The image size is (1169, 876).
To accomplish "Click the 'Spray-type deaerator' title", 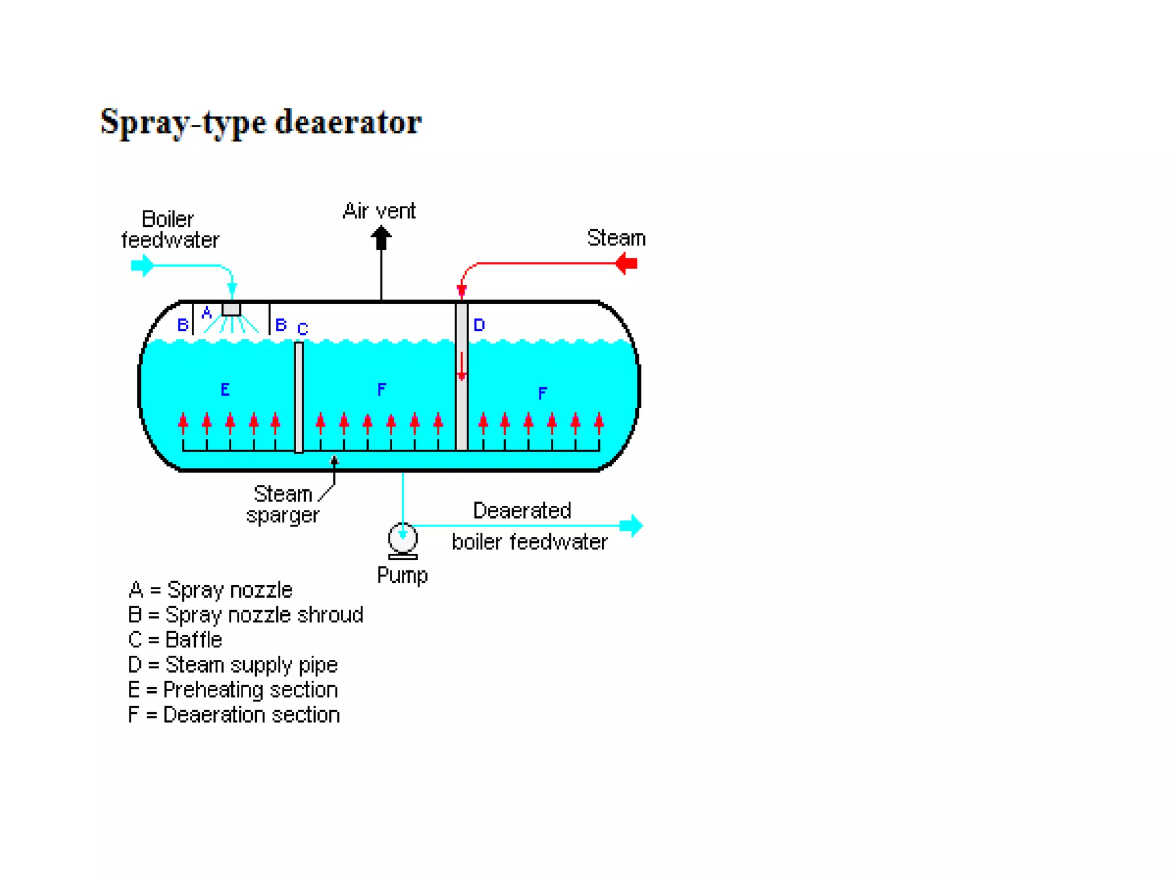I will click(x=261, y=122).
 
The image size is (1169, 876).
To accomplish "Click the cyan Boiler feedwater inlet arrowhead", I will click(x=143, y=265).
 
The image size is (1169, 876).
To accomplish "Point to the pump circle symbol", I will click(x=403, y=537).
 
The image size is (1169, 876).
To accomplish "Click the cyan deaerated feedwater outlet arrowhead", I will click(x=632, y=525).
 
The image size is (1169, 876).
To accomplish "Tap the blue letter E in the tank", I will click(x=225, y=390).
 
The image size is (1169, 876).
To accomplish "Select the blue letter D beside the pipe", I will click(x=479, y=325).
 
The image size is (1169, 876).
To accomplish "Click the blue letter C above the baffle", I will click(x=303, y=329).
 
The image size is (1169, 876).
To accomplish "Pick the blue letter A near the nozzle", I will click(x=207, y=313).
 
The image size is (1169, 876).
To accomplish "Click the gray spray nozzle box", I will click(x=231, y=309).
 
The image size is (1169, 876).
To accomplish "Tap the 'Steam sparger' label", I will click(x=283, y=504).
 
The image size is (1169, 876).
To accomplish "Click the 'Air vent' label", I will click(x=379, y=211).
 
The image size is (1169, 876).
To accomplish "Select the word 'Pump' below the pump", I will click(x=402, y=575).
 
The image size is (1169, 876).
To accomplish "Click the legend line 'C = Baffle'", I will click(x=175, y=640).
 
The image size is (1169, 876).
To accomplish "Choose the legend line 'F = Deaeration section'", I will click(x=234, y=715).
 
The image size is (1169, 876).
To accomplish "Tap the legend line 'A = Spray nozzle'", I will click(x=211, y=590).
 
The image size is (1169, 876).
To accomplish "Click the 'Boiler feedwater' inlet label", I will click(x=170, y=229).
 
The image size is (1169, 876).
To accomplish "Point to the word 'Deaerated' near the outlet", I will click(x=522, y=510).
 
